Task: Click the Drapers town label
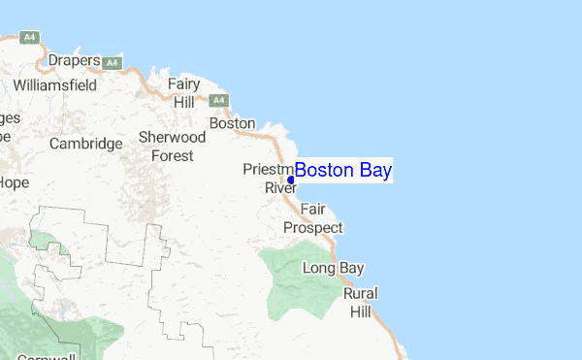click(75, 61)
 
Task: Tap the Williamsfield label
click(54, 84)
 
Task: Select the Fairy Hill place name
click(183, 92)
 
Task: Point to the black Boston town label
click(232, 124)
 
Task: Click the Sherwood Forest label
click(172, 146)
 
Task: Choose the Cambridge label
click(86, 144)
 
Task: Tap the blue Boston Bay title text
click(343, 172)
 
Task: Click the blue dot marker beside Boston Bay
click(291, 180)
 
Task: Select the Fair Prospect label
click(312, 218)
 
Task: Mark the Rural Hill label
click(361, 303)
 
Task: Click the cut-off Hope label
click(14, 181)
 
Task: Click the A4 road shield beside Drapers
click(113, 63)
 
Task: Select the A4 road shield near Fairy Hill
click(219, 100)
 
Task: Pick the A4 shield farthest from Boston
click(31, 39)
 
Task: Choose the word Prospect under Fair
click(312, 228)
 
